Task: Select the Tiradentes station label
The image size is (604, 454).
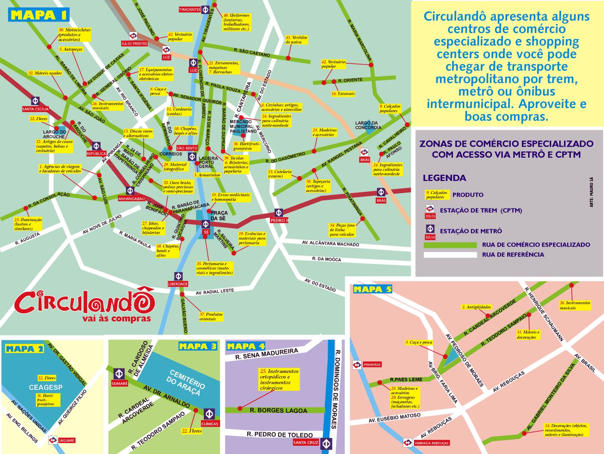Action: coord(190,9)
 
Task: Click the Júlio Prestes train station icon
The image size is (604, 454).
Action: coord(134,35)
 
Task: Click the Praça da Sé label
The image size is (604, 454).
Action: coord(218,216)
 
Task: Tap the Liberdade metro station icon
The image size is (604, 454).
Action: coord(178,276)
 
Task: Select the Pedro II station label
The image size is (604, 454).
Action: coord(279,220)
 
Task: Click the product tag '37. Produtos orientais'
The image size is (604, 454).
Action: coord(211,317)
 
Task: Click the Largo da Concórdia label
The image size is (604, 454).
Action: coord(368,125)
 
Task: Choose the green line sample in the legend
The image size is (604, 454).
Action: coord(450,245)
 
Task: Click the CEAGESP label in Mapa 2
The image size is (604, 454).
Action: coord(46,387)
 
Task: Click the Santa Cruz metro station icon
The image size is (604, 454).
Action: coord(325,443)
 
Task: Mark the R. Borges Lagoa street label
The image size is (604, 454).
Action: coord(279,410)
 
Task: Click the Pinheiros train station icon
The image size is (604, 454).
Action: coord(357,365)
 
